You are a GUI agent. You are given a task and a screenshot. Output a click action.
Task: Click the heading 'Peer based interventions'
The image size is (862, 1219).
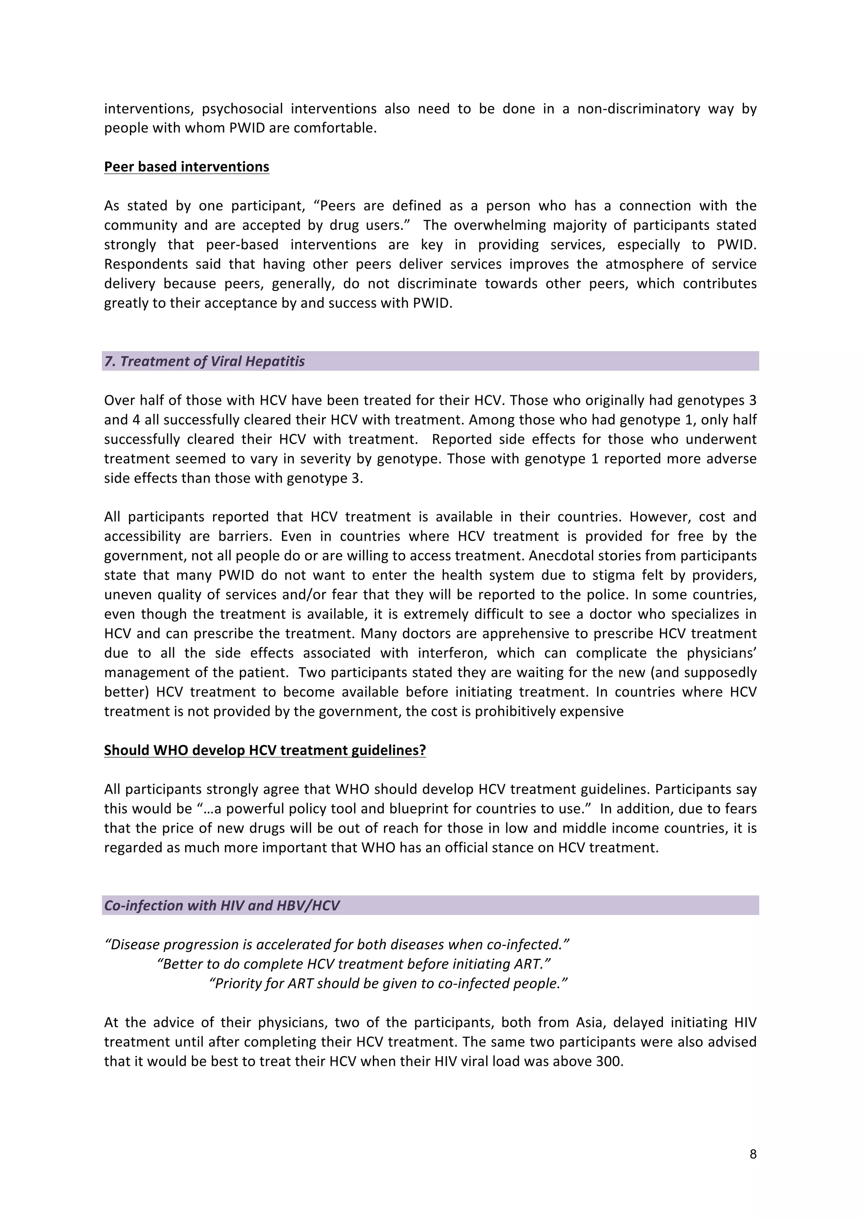186,167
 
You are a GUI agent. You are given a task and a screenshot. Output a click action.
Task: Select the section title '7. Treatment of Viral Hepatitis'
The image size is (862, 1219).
205,362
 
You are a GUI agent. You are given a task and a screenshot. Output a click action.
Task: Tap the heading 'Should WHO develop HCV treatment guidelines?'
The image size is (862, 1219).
265,750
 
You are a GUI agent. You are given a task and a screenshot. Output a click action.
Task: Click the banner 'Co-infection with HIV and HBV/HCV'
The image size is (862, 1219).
221,905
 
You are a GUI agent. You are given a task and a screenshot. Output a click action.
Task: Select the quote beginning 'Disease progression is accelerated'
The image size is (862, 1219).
337,945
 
